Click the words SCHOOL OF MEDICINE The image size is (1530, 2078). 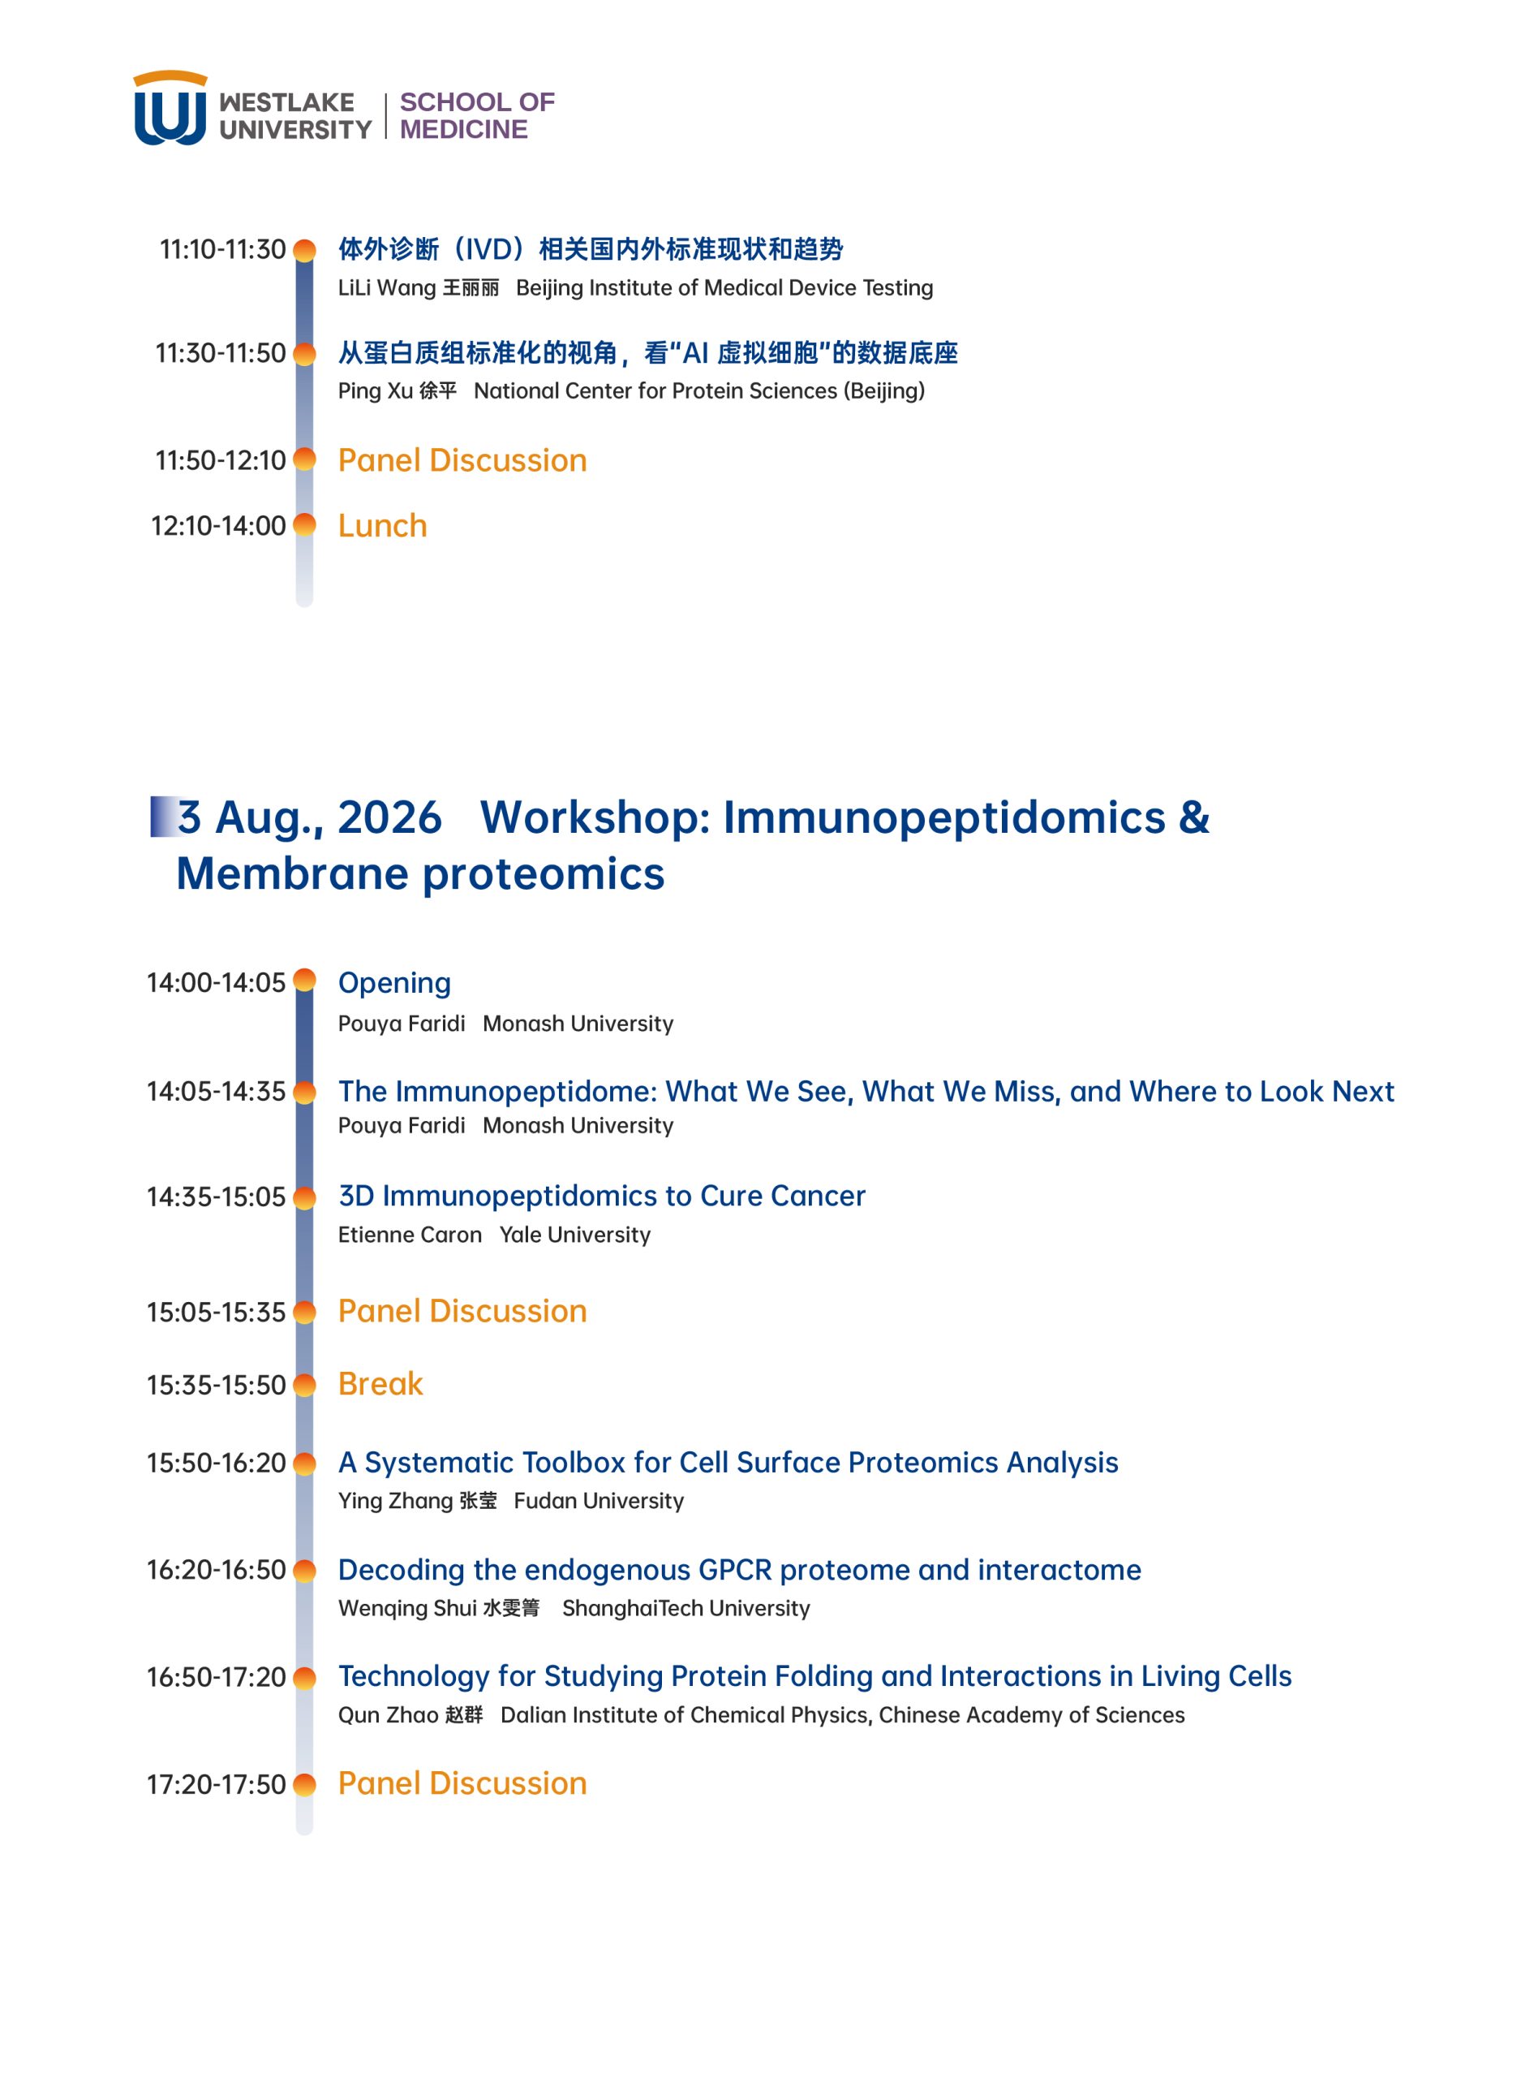coord(477,116)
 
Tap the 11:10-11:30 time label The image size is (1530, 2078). coord(222,249)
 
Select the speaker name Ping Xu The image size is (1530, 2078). coord(375,391)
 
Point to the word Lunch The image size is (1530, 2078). coord(383,526)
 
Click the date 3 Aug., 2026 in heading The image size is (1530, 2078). coord(309,817)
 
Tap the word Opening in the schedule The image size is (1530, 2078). coord(394,984)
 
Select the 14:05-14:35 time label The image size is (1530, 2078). coord(216,1091)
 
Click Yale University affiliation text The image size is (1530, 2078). coord(575,1235)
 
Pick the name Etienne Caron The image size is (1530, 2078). coord(410,1235)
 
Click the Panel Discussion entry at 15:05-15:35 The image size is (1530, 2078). coord(462,1311)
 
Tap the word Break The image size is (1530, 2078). coord(380,1384)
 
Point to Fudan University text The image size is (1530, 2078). coord(599,1501)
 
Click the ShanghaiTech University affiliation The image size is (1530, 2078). coord(686,1608)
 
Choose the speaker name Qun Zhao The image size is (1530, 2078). coord(388,1716)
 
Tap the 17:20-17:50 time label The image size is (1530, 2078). coord(216,1784)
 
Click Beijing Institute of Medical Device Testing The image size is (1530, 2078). coord(724,288)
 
